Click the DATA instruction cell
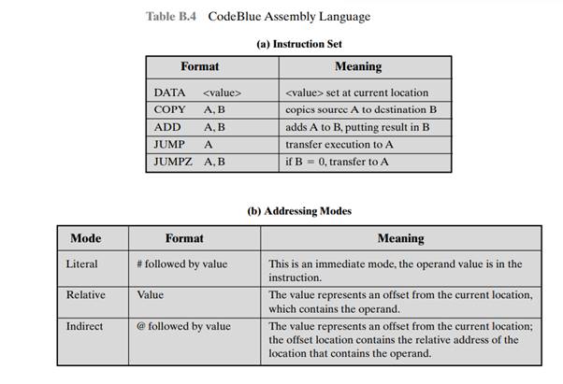pyautogui.click(x=197, y=92)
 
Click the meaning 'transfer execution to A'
pyautogui.click(x=340, y=145)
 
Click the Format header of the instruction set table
pyautogui.click(x=199, y=67)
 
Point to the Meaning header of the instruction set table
pyautogui.click(x=357, y=67)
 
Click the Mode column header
pyautogui.click(x=86, y=238)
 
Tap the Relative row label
pyautogui.click(x=85, y=294)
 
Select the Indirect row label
pyautogui.click(x=85, y=326)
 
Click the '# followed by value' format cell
pyautogui.click(x=181, y=264)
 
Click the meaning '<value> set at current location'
pyautogui.click(x=358, y=92)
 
